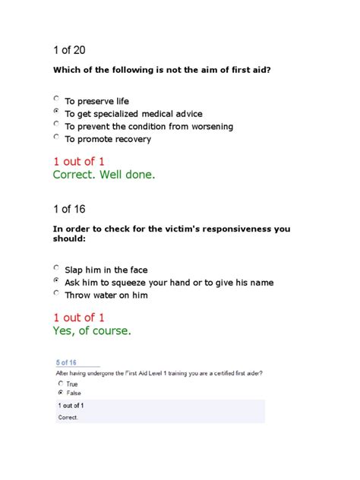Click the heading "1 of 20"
click(69, 50)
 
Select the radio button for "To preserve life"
click(56, 99)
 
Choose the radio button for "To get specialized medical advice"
click(56, 112)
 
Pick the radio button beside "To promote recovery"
click(56, 138)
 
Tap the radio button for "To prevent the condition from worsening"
click(56, 125)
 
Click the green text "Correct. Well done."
click(103, 175)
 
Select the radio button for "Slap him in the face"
click(56, 268)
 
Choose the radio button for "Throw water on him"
click(56, 294)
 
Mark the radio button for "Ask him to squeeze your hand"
click(56, 281)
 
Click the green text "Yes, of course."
click(92, 330)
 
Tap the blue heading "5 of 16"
click(67, 362)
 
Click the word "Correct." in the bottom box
click(69, 417)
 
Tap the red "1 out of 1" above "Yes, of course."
click(79, 317)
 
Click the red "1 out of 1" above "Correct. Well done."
click(79, 161)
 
